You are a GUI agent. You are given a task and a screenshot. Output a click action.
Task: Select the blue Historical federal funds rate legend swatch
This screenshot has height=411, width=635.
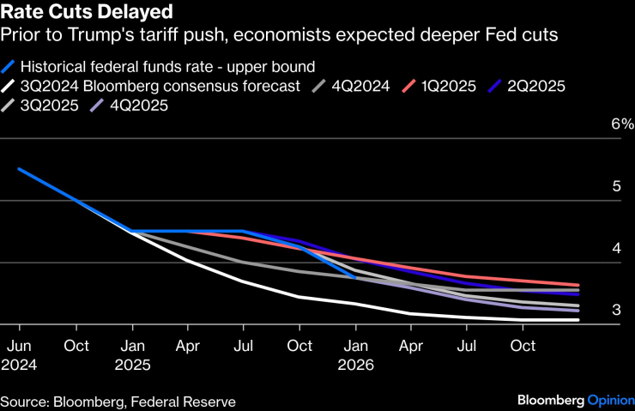click(x=10, y=66)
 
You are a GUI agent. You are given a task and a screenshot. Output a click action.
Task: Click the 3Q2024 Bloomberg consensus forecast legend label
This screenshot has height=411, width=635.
click(x=160, y=86)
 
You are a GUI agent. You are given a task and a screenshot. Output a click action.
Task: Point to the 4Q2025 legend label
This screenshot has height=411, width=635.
click(x=138, y=106)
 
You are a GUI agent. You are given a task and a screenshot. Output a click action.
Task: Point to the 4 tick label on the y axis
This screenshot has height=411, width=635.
click(x=615, y=248)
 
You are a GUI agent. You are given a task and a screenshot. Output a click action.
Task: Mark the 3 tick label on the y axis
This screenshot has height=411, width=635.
click(x=615, y=310)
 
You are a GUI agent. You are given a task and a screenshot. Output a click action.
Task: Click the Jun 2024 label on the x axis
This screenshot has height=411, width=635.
click(x=19, y=354)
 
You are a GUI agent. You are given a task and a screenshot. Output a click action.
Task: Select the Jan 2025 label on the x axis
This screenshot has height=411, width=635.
click(x=133, y=354)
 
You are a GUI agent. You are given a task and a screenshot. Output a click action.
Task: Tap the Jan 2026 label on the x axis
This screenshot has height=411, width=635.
click(x=356, y=354)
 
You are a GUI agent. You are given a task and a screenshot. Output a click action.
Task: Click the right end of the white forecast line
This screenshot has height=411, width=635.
click(x=577, y=320)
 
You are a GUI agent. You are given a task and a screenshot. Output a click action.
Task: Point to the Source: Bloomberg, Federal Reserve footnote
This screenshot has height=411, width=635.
click(x=118, y=401)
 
